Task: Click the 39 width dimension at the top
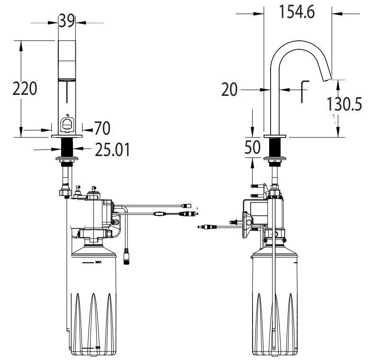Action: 67,21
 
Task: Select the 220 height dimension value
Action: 25,88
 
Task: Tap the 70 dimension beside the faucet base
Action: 102,128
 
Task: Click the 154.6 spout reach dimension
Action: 297,12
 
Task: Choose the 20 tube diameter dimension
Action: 229,89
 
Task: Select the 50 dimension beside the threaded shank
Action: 253,147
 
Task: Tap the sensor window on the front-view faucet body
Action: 67,124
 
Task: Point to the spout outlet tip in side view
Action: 327,78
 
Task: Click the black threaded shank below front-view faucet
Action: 67,148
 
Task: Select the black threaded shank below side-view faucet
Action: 275,148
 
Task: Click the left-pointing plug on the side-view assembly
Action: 207,228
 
